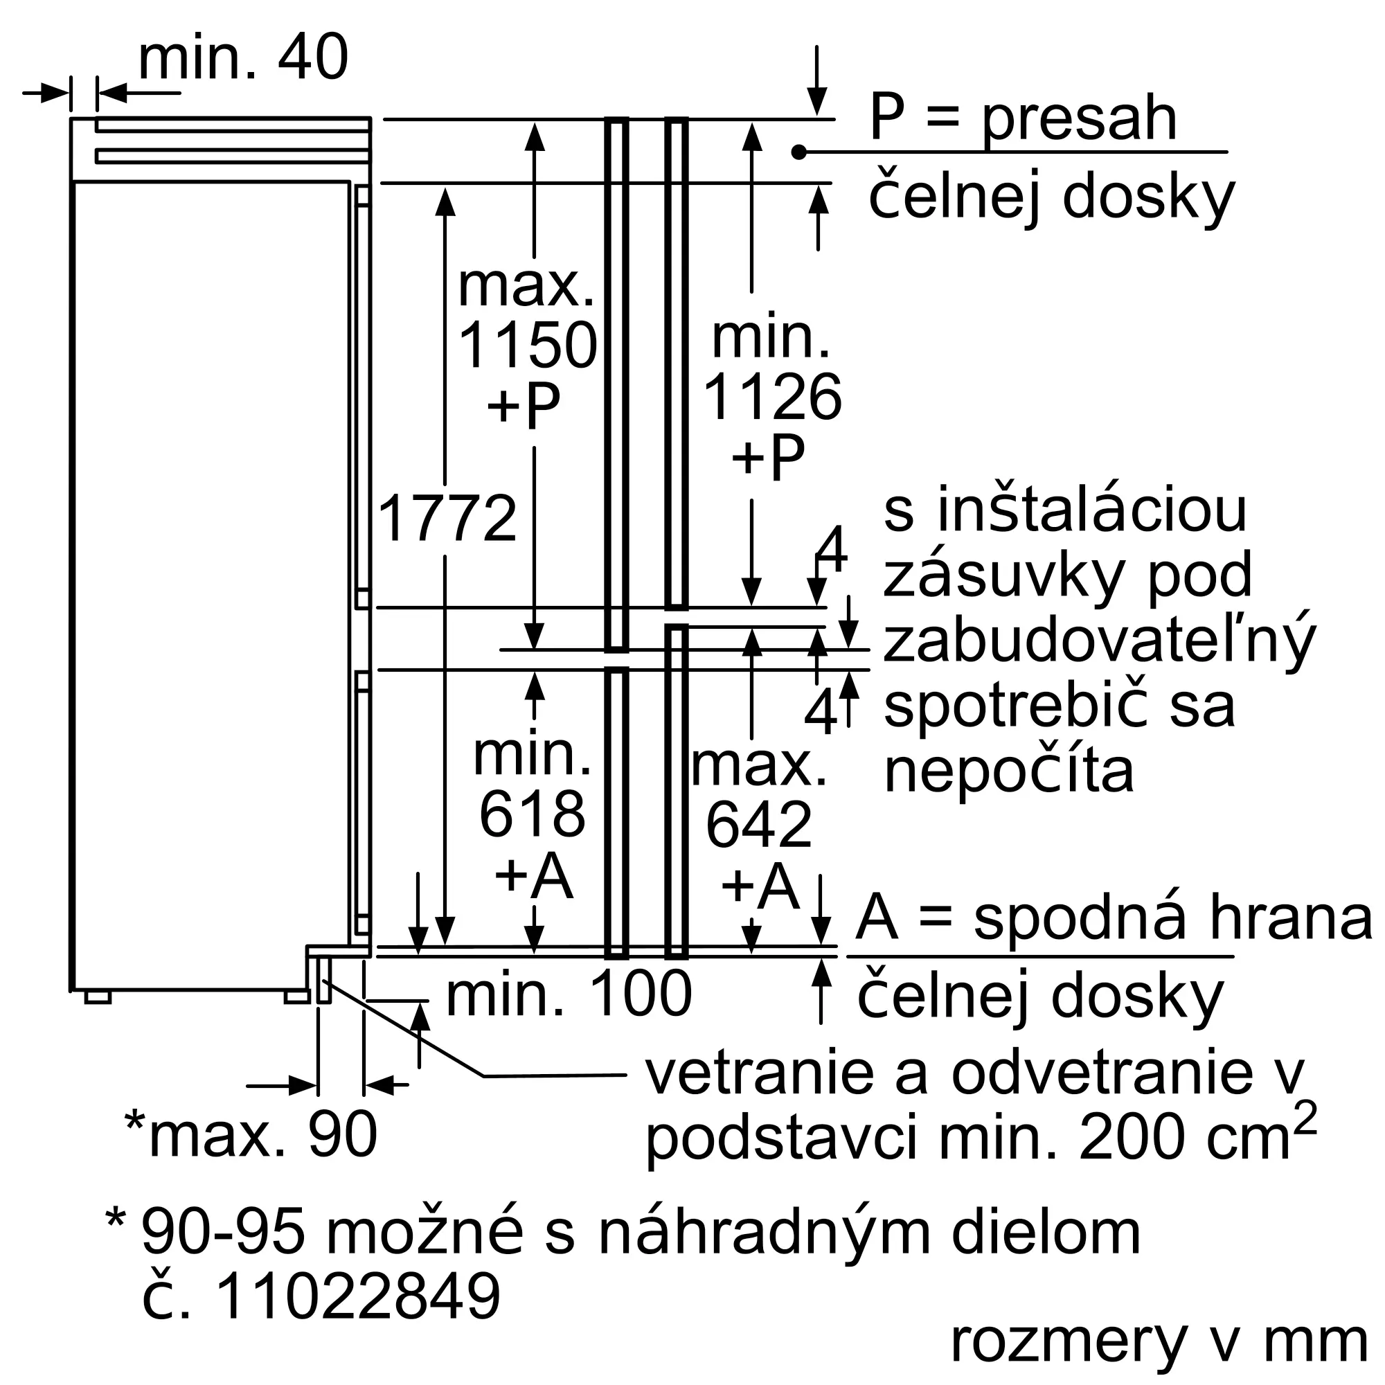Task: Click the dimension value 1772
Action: pos(446,519)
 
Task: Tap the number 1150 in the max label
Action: pos(527,346)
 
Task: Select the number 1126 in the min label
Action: pos(772,398)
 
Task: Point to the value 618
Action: pos(532,815)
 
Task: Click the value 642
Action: pos(758,826)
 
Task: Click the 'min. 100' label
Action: pos(569,994)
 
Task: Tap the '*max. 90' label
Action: pos(251,1135)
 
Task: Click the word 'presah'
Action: pos(1079,120)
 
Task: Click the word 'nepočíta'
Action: pos(1009,772)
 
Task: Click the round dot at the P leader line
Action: pos(799,152)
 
